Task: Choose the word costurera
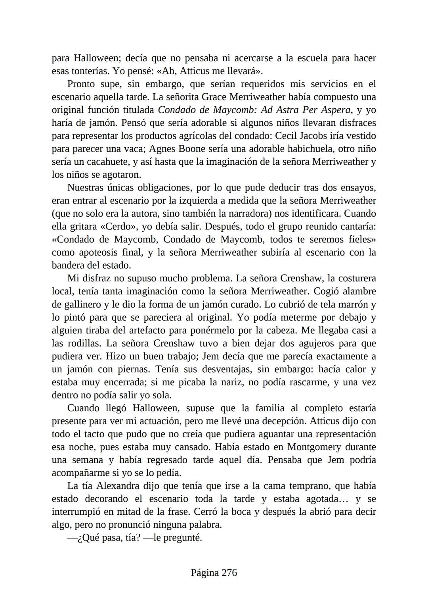pos(354,278)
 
